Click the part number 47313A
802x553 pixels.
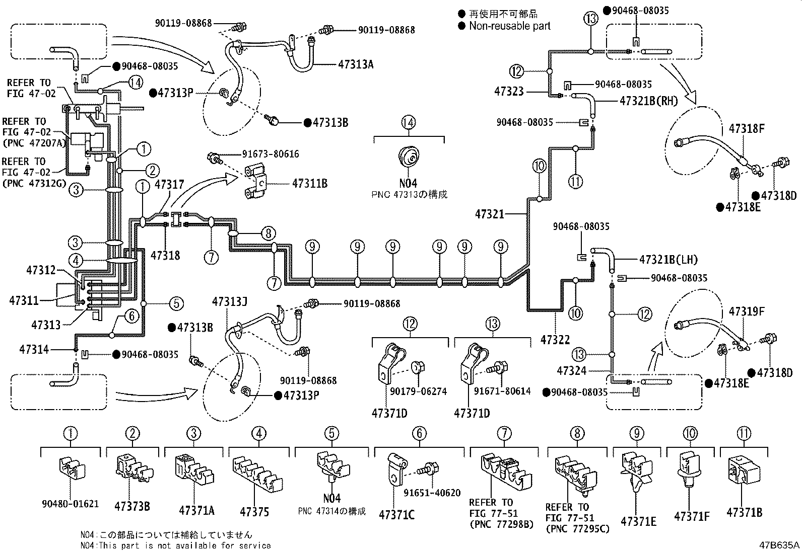point(356,65)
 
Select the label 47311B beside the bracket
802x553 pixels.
point(310,184)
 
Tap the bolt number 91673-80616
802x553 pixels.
point(271,154)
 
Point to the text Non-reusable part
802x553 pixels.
point(509,26)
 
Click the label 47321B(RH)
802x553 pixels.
point(649,101)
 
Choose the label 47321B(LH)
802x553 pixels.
point(669,260)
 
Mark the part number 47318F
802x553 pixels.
point(747,129)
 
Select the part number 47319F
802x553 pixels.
point(747,311)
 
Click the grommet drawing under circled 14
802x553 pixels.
point(409,156)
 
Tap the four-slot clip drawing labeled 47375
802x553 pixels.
point(257,473)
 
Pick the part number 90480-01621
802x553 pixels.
point(70,504)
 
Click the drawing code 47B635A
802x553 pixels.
point(779,545)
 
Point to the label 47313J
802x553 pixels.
point(230,302)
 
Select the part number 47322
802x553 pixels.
point(555,340)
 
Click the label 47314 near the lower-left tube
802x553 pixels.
point(34,350)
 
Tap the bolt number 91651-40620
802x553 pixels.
point(432,493)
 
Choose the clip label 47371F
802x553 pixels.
point(692,516)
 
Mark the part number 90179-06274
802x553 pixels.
point(418,391)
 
